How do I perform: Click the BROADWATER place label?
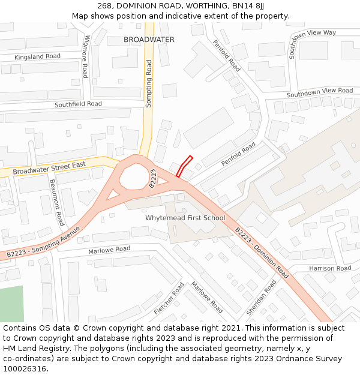click(149, 40)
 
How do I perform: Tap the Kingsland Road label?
click(38, 56)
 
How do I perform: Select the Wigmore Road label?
click(86, 56)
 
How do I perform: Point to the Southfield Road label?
click(78, 104)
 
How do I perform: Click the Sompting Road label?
click(149, 83)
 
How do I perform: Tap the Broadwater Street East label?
click(50, 167)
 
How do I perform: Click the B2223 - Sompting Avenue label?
click(43, 243)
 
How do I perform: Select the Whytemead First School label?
click(185, 218)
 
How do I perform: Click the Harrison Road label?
click(330, 268)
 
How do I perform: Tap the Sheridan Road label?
click(262, 297)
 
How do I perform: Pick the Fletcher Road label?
click(169, 298)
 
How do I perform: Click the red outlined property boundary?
click(184, 166)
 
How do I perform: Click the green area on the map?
click(11, 304)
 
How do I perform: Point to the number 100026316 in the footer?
click(25, 369)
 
